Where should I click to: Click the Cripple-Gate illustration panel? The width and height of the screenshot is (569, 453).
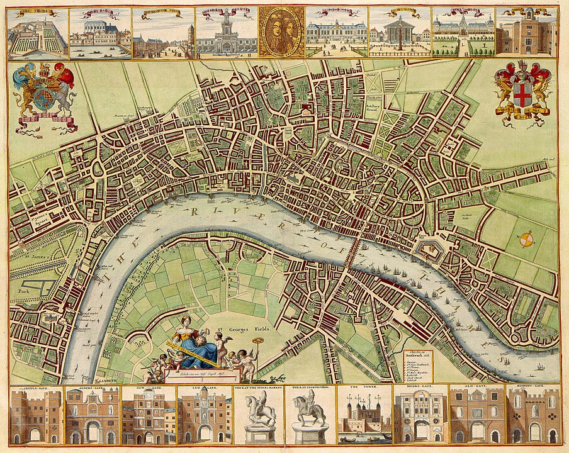click(36, 416)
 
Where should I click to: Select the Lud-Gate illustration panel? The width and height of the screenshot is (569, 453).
click(203, 416)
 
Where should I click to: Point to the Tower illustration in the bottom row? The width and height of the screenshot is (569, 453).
click(364, 416)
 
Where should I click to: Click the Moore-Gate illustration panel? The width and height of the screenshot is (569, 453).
click(420, 416)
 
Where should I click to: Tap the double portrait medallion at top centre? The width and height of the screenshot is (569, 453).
click(281, 31)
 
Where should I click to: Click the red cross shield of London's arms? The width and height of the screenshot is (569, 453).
click(522, 95)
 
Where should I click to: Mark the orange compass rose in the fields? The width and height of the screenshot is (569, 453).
click(527, 239)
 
